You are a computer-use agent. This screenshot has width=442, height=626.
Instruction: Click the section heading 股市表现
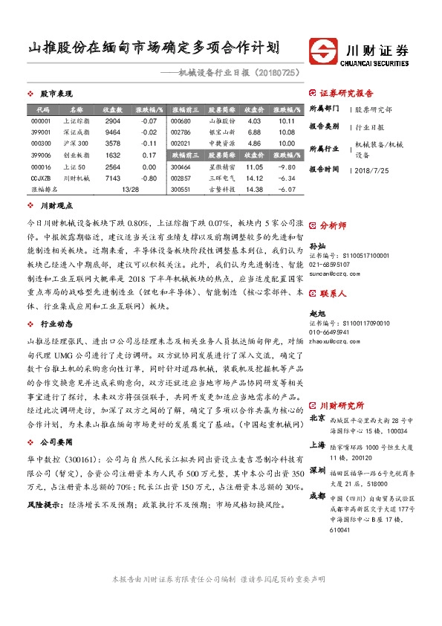[x=56, y=94]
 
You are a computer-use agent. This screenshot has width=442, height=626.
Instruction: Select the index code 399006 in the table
[x=41, y=155]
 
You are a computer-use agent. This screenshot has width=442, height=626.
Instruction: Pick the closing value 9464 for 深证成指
[x=113, y=131]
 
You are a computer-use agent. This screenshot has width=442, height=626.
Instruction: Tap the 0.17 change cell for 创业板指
[x=148, y=155]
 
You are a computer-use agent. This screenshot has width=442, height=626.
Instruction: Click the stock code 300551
[x=181, y=190]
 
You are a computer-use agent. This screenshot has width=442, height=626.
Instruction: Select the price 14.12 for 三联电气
[x=254, y=178]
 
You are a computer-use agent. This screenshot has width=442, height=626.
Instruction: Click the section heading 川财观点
[x=56, y=204]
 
